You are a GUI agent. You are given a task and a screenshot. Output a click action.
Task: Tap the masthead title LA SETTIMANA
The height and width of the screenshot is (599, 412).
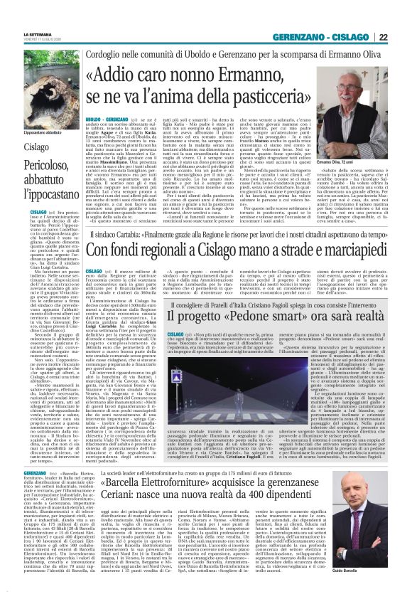(x=38, y=35)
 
